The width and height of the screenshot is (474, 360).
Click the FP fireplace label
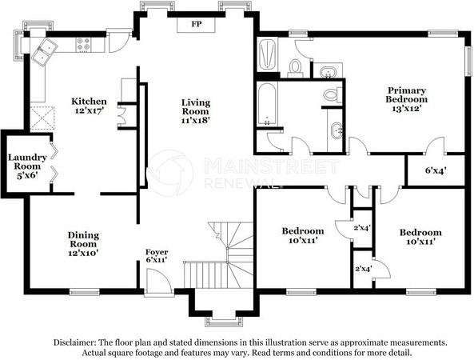click(195, 24)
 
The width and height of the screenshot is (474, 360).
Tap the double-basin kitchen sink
click(44, 52)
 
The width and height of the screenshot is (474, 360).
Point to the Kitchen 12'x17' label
click(89, 106)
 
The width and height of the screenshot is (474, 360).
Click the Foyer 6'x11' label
click(157, 256)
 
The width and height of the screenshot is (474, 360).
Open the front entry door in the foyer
click(158, 282)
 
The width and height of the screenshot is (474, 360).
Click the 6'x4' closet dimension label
click(436, 170)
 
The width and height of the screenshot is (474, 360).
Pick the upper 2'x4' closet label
click(363, 227)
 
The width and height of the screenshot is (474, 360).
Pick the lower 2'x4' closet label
click(363, 269)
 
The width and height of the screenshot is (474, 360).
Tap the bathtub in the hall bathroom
click(267, 105)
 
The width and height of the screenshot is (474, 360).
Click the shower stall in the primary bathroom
click(267, 57)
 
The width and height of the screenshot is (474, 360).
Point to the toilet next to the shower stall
click(295, 66)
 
